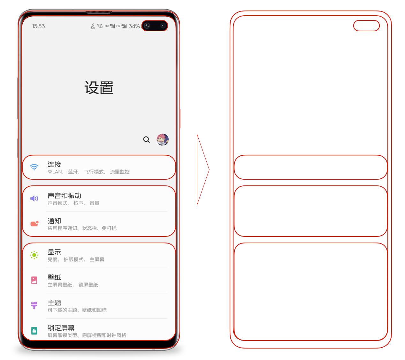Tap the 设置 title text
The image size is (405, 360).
[99, 88]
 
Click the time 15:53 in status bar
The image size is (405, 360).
[38, 26]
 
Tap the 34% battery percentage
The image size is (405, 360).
[134, 26]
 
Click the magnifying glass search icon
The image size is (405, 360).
[146, 139]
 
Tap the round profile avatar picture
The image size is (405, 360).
[163, 139]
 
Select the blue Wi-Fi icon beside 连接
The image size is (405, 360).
[34, 167]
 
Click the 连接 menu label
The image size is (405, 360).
[54, 164]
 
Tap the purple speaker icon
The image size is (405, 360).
[34, 199]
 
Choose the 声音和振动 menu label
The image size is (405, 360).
[64, 196]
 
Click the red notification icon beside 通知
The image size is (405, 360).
[34, 224]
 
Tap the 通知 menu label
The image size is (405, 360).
[54, 221]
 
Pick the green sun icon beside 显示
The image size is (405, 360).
[34, 255]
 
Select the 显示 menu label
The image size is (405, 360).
[54, 252]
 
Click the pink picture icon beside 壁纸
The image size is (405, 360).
[34, 280]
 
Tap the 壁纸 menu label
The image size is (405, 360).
[54, 277]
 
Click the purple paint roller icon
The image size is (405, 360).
[34, 305]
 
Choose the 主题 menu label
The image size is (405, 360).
[54, 303]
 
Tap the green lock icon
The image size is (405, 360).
[34, 331]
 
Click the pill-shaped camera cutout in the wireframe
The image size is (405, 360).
[366, 26]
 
